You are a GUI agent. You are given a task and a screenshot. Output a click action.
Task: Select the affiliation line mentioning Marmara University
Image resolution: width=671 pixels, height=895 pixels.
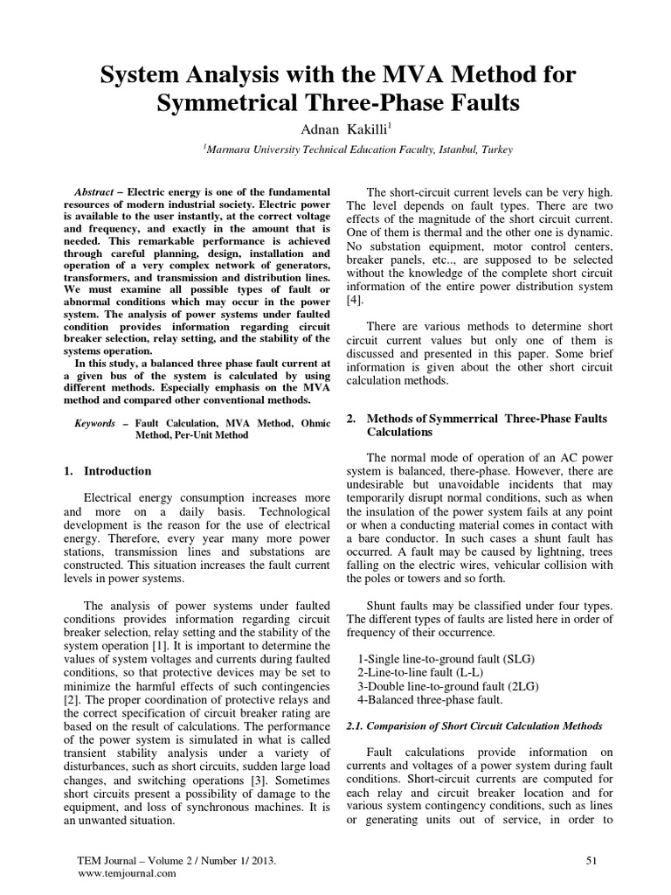(358, 150)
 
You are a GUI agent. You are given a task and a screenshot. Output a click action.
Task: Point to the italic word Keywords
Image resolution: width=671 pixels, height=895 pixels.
(94, 422)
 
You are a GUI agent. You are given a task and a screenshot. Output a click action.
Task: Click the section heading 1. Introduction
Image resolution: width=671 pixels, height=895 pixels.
(107, 471)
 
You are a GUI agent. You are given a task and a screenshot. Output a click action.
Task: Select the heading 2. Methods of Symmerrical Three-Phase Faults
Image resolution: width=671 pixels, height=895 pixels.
(477, 426)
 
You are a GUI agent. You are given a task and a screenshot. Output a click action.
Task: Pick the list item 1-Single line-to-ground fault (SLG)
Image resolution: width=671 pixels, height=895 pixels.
(447, 657)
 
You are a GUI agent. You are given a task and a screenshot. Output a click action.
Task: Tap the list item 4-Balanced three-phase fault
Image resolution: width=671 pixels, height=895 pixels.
(431, 699)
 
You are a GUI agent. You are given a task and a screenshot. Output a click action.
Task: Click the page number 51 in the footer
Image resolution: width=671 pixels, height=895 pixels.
(591, 861)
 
